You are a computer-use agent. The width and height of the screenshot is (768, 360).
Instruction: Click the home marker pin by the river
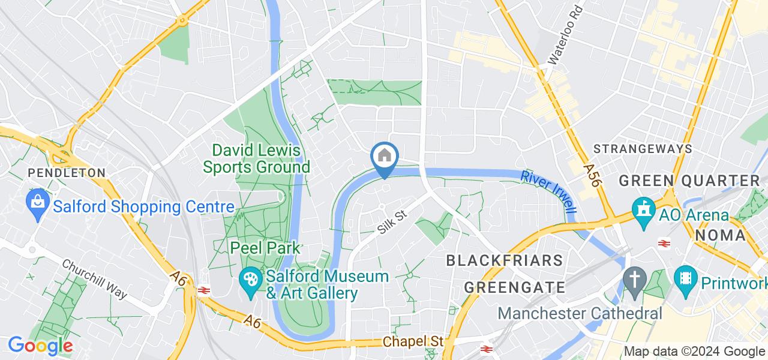(384, 157)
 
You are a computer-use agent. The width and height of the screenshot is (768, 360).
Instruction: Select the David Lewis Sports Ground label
(256, 158)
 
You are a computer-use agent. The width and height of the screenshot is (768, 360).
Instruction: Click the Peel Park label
(266, 247)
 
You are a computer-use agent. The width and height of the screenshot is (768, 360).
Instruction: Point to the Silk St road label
(392, 221)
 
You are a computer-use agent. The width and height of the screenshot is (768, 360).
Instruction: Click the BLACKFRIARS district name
(505, 260)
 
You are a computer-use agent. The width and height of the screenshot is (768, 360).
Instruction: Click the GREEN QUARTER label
(689, 181)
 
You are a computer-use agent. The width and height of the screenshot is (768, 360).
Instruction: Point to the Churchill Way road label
(95, 279)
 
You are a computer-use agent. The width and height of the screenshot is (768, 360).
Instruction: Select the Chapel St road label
(412, 341)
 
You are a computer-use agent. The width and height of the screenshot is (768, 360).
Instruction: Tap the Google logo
(40, 346)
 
